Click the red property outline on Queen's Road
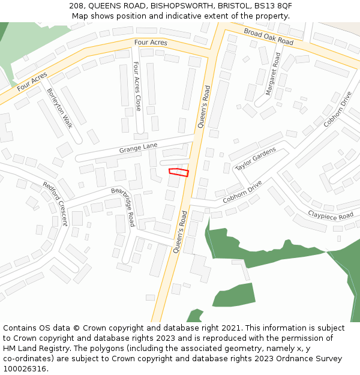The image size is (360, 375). [179, 173]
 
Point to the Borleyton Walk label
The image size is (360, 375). [59, 108]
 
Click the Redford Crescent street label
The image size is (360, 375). [55, 204]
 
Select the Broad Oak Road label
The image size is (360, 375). [268, 36]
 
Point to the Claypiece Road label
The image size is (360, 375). [331, 215]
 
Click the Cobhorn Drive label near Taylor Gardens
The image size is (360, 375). [242, 192]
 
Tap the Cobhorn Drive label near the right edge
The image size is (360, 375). [337, 109]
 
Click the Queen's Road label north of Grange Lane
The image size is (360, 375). [205, 109]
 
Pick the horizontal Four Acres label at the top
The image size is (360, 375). [151, 43]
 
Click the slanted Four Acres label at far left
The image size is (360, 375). [32, 82]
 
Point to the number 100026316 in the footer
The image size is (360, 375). [25, 368]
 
